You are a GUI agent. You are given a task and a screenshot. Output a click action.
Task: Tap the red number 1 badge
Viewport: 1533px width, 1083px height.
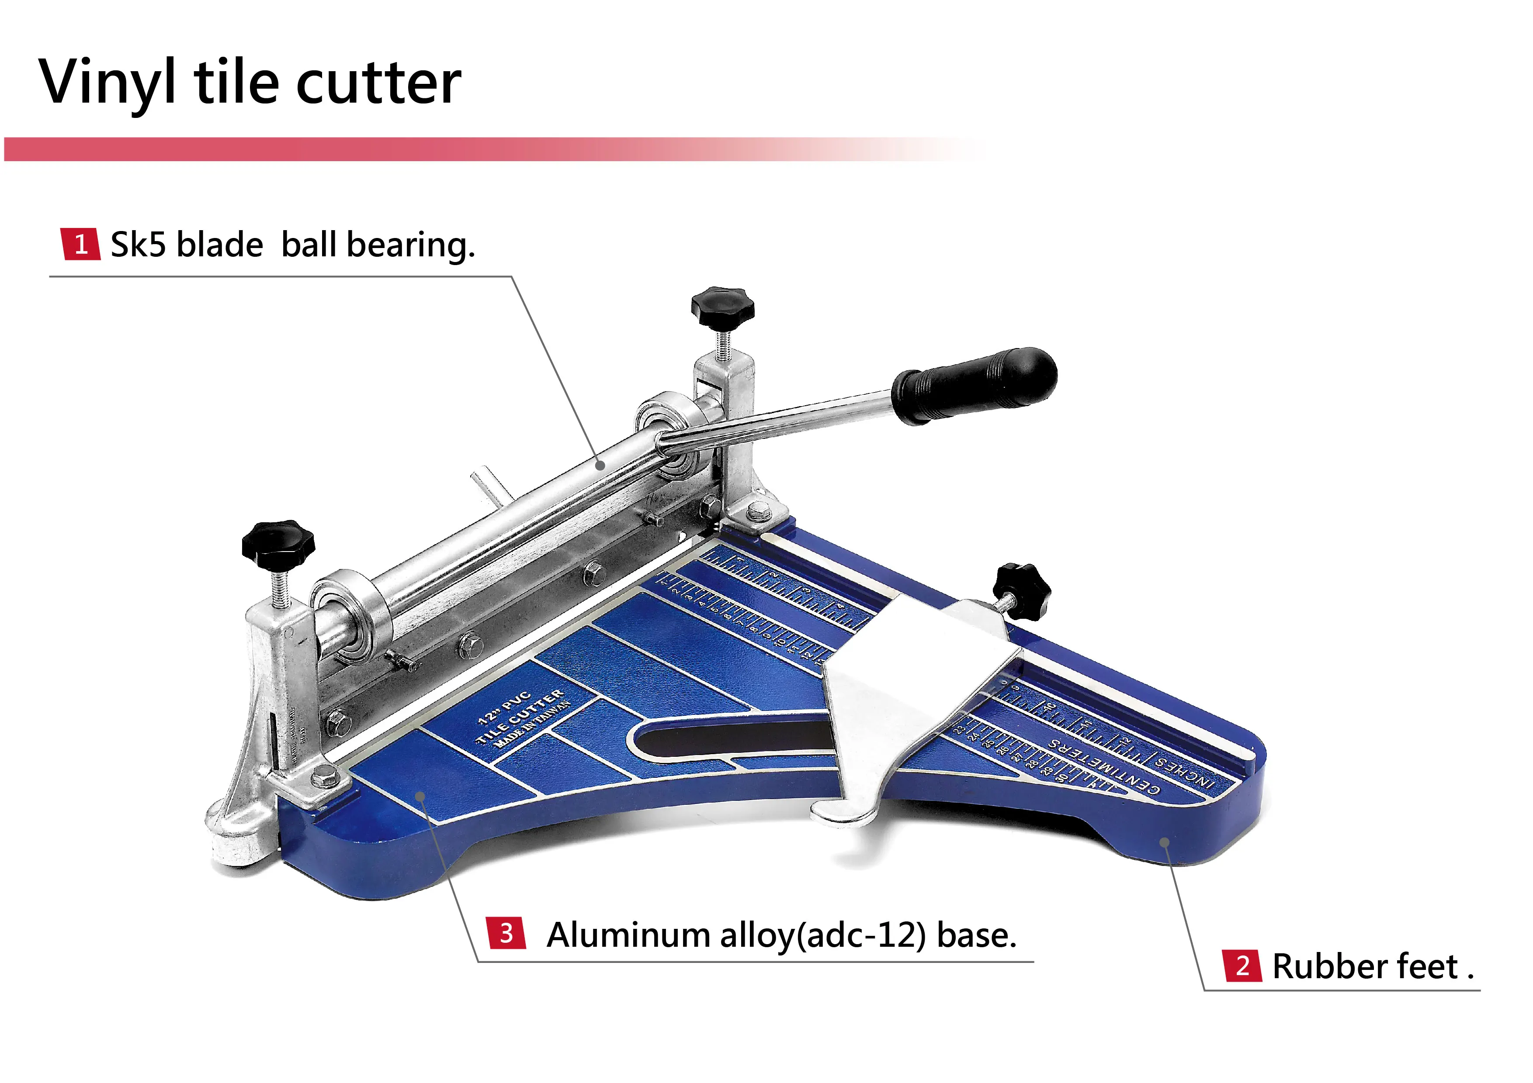81,244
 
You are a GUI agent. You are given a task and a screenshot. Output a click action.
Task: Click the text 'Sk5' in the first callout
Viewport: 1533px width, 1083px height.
138,244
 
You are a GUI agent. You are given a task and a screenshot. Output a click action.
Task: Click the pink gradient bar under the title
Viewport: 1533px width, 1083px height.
468,149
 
